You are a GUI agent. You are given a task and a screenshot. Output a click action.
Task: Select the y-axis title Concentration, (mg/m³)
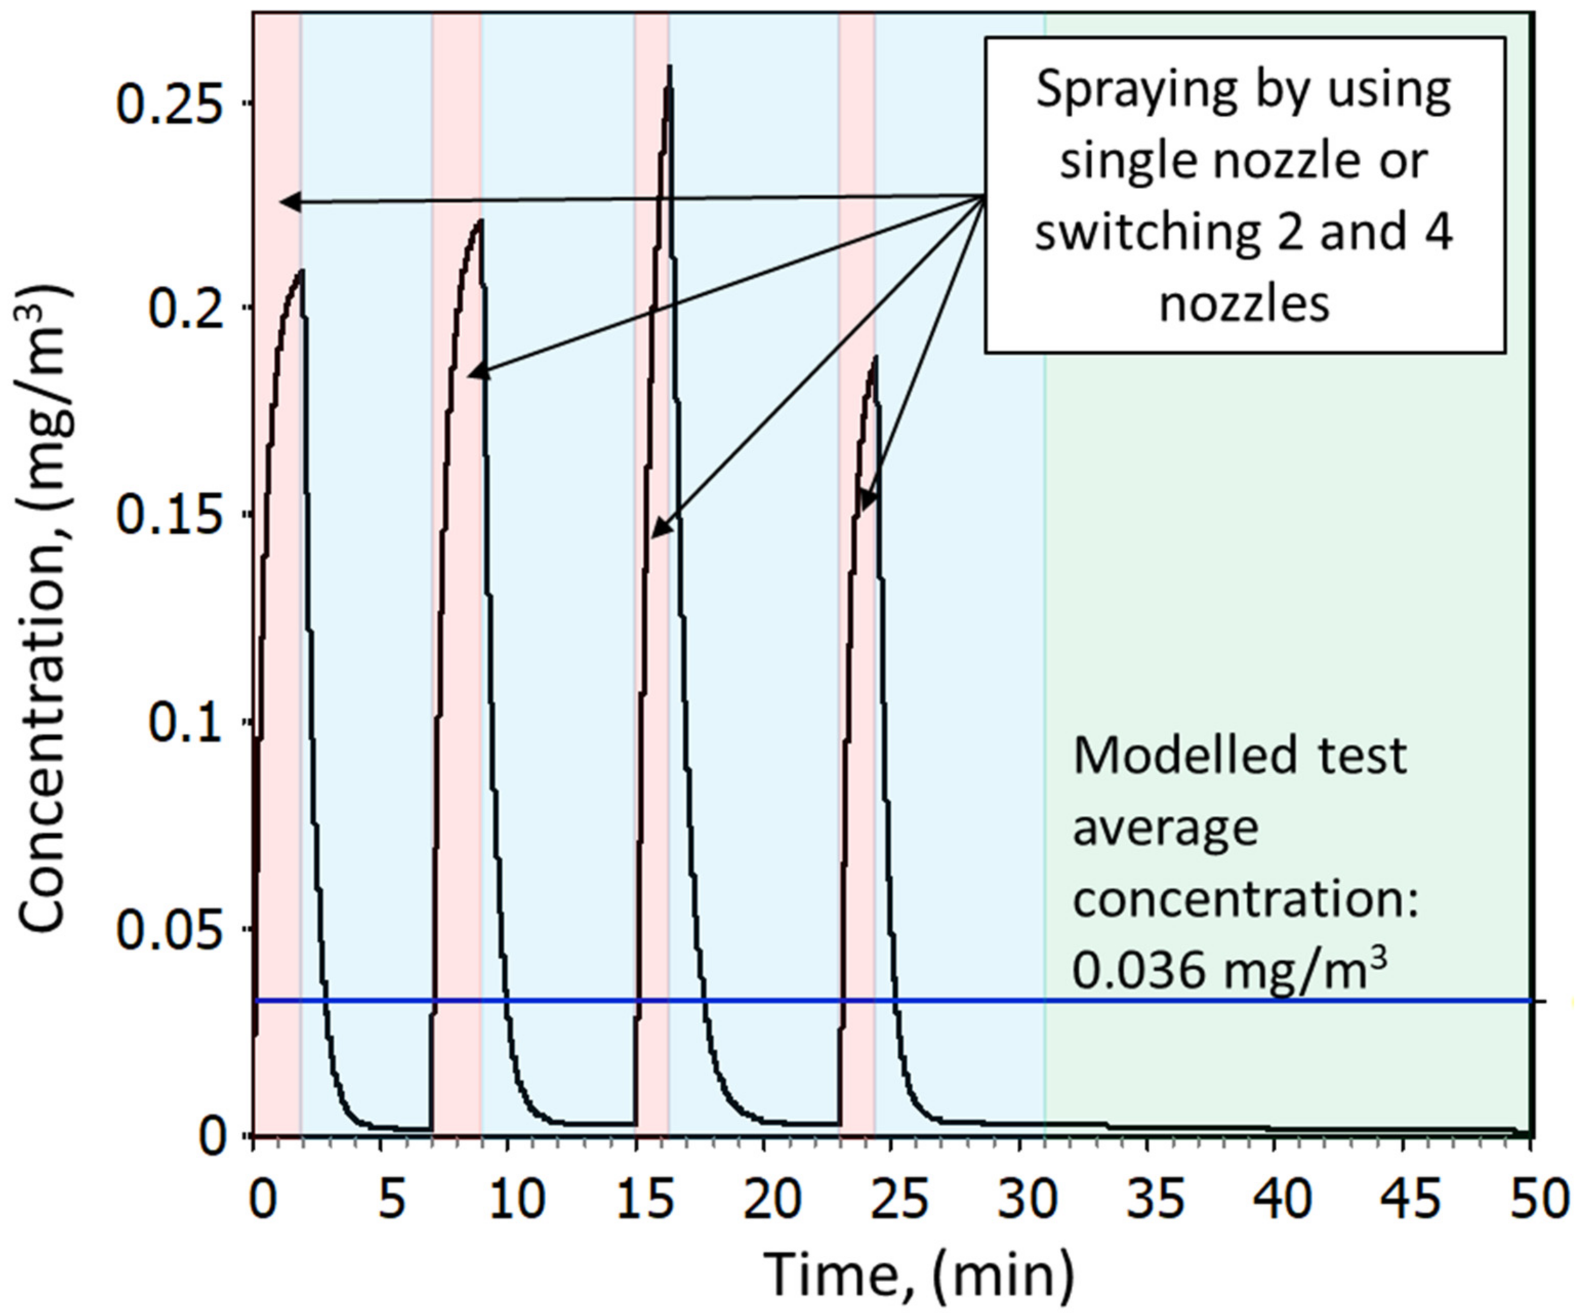45,609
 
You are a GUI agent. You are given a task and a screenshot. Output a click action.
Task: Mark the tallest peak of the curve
669,68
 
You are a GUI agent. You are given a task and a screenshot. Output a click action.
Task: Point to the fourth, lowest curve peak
874,360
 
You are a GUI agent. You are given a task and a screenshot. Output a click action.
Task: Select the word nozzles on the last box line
1244,305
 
